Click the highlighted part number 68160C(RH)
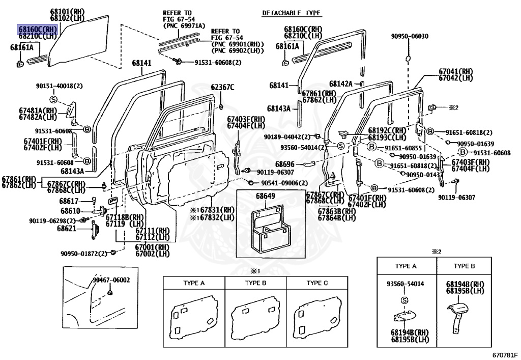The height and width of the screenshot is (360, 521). click(38, 29)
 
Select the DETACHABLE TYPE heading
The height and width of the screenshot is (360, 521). click(295, 12)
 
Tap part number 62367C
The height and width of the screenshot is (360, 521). click(223, 87)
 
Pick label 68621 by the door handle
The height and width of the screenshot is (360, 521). click(67, 229)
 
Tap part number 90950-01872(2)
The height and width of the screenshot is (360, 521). click(84, 254)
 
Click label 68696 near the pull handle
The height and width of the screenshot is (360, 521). click(285, 164)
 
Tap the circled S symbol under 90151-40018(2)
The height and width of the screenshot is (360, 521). click(53, 99)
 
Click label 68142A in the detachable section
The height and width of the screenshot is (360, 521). click(340, 84)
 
